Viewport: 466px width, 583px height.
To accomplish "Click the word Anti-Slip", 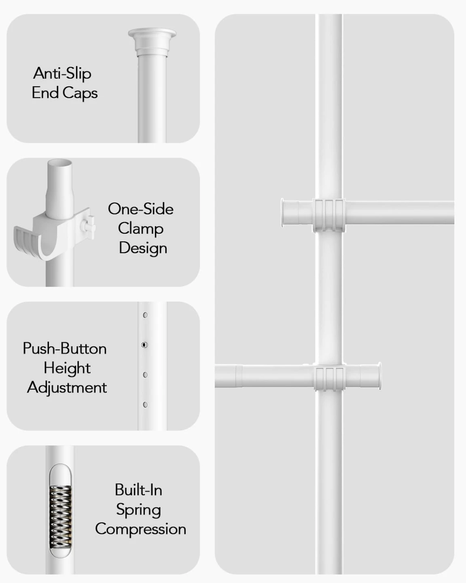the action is (x=62, y=73).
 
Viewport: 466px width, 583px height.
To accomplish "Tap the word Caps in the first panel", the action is (x=80, y=93).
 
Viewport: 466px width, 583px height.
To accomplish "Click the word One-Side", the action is (x=140, y=209).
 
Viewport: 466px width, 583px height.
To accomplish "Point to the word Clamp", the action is (x=140, y=229).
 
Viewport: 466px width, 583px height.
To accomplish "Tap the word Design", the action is (x=143, y=248).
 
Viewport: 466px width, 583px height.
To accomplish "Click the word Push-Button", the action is (x=65, y=349).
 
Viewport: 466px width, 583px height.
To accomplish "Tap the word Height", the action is (x=67, y=368).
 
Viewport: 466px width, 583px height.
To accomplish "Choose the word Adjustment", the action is (x=67, y=388).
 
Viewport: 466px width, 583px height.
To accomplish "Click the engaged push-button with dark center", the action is (x=144, y=345).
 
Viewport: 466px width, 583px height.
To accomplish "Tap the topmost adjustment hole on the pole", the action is (x=145, y=315).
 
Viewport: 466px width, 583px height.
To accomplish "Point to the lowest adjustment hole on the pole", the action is (x=145, y=405).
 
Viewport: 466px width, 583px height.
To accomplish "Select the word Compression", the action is (x=140, y=529).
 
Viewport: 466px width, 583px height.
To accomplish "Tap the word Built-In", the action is (x=138, y=490).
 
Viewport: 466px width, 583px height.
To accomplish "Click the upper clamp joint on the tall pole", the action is (x=329, y=215).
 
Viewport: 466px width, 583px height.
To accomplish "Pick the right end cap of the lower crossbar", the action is (x=371, y=376).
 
